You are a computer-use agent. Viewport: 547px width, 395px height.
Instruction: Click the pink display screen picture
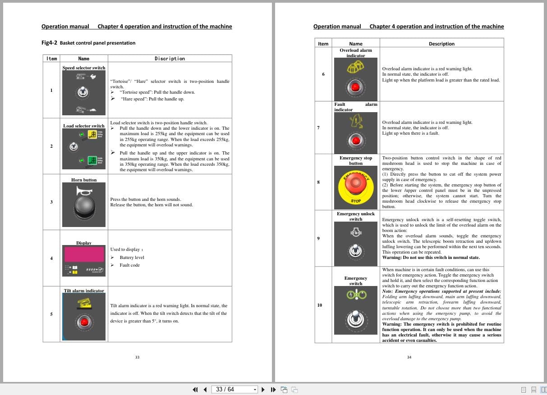(x=84, y=254)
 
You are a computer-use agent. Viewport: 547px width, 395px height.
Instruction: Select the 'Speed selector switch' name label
(x=84, y=68)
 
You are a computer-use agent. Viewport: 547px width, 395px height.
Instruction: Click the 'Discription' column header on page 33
(x=170, y=59)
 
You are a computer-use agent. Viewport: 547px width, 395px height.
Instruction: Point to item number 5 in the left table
(x=51, y=314)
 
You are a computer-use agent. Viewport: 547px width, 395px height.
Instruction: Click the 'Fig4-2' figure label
(x=49, y=43)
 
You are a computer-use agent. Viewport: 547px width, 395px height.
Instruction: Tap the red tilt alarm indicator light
(x=84, y=322)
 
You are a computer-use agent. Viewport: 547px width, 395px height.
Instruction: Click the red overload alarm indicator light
(x=356, y=87)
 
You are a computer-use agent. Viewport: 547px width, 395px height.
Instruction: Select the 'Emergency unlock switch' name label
(x=356, y=216)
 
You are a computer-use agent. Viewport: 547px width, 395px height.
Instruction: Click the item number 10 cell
(x=320, y=305)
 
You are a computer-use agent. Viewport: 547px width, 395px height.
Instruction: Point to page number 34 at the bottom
(x=409, y=357)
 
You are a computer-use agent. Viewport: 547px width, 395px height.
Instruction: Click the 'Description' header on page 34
(x=441, y=44)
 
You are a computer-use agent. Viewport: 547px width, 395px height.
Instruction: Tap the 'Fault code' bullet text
(x=129, y=265)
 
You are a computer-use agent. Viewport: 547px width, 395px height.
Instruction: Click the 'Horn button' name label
(x=84, y=180)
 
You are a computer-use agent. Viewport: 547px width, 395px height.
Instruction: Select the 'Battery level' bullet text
(x=132, y=258)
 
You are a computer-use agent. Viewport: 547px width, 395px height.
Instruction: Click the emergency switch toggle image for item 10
(x=356, y=318)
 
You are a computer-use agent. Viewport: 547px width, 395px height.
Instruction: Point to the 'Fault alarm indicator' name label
(x=355, y=107)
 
